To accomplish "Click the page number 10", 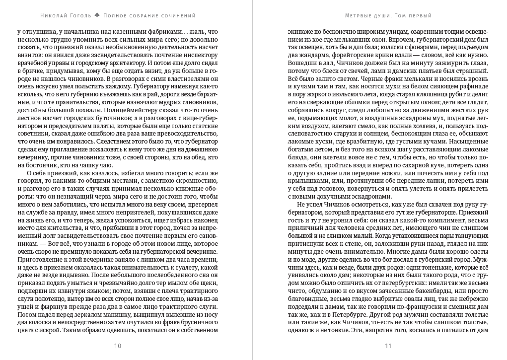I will tap(118, 346).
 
